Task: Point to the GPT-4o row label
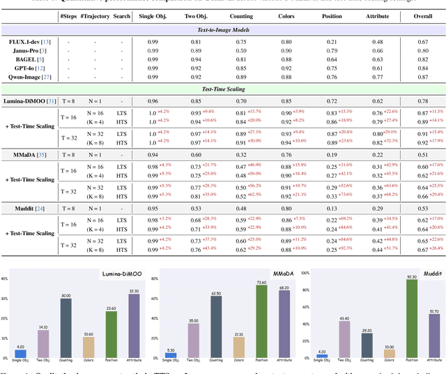click(26, 68)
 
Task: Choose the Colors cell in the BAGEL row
click(286, 59)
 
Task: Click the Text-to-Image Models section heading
click(223, 29)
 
